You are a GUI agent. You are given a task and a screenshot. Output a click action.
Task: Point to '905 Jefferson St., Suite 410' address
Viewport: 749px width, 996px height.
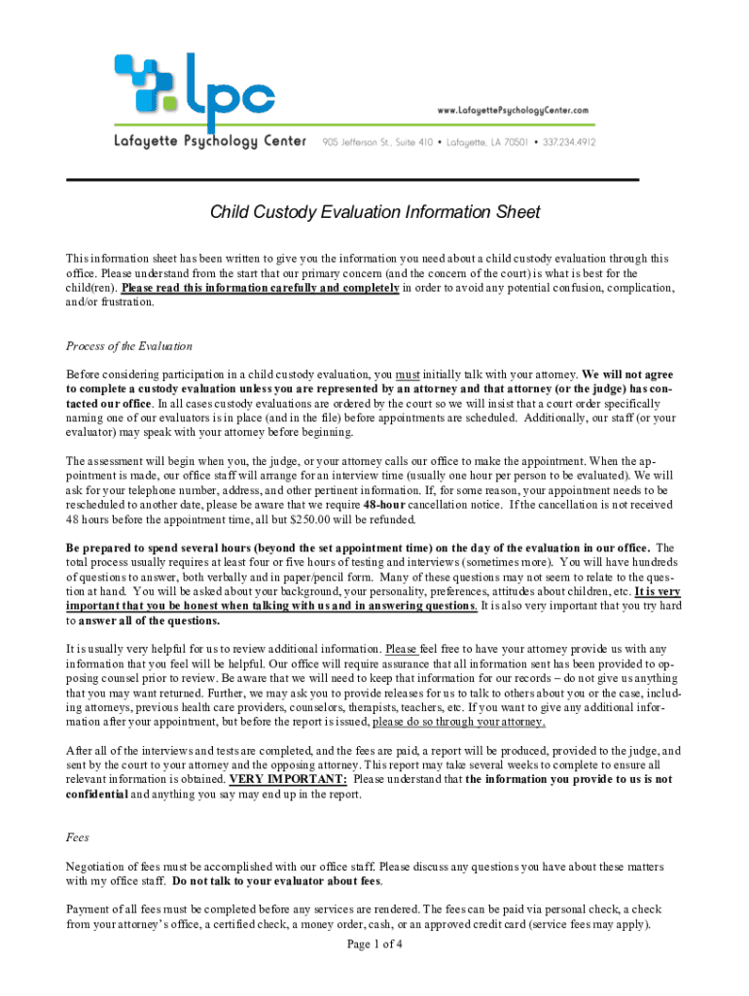(379, 142)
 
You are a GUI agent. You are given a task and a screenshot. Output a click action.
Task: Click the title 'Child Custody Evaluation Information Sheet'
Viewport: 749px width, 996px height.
(375, 212)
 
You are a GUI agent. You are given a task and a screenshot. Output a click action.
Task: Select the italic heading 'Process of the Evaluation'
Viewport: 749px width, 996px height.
(128, 346)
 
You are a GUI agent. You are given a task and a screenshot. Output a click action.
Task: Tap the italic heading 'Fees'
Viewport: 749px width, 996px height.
(78, 836)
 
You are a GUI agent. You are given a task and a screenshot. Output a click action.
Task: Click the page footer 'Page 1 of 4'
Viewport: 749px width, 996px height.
(374, 944)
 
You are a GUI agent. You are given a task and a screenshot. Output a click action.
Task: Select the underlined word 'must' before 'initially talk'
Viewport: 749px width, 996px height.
(408, 374)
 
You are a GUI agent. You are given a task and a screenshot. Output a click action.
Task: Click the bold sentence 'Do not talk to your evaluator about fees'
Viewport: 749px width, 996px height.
(277, 881)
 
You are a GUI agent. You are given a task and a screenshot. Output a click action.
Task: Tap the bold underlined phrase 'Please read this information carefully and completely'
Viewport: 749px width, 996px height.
(260, 288)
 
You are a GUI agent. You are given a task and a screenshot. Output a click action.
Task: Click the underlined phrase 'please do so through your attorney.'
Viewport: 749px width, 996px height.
(458, 723)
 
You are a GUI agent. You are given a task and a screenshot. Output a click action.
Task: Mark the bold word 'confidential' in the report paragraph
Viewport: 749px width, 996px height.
(96, 794)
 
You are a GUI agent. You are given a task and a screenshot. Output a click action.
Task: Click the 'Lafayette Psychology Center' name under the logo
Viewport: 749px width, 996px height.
(211, 142)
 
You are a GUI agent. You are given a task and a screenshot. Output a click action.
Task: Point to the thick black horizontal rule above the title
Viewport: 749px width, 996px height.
(351, 180)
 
